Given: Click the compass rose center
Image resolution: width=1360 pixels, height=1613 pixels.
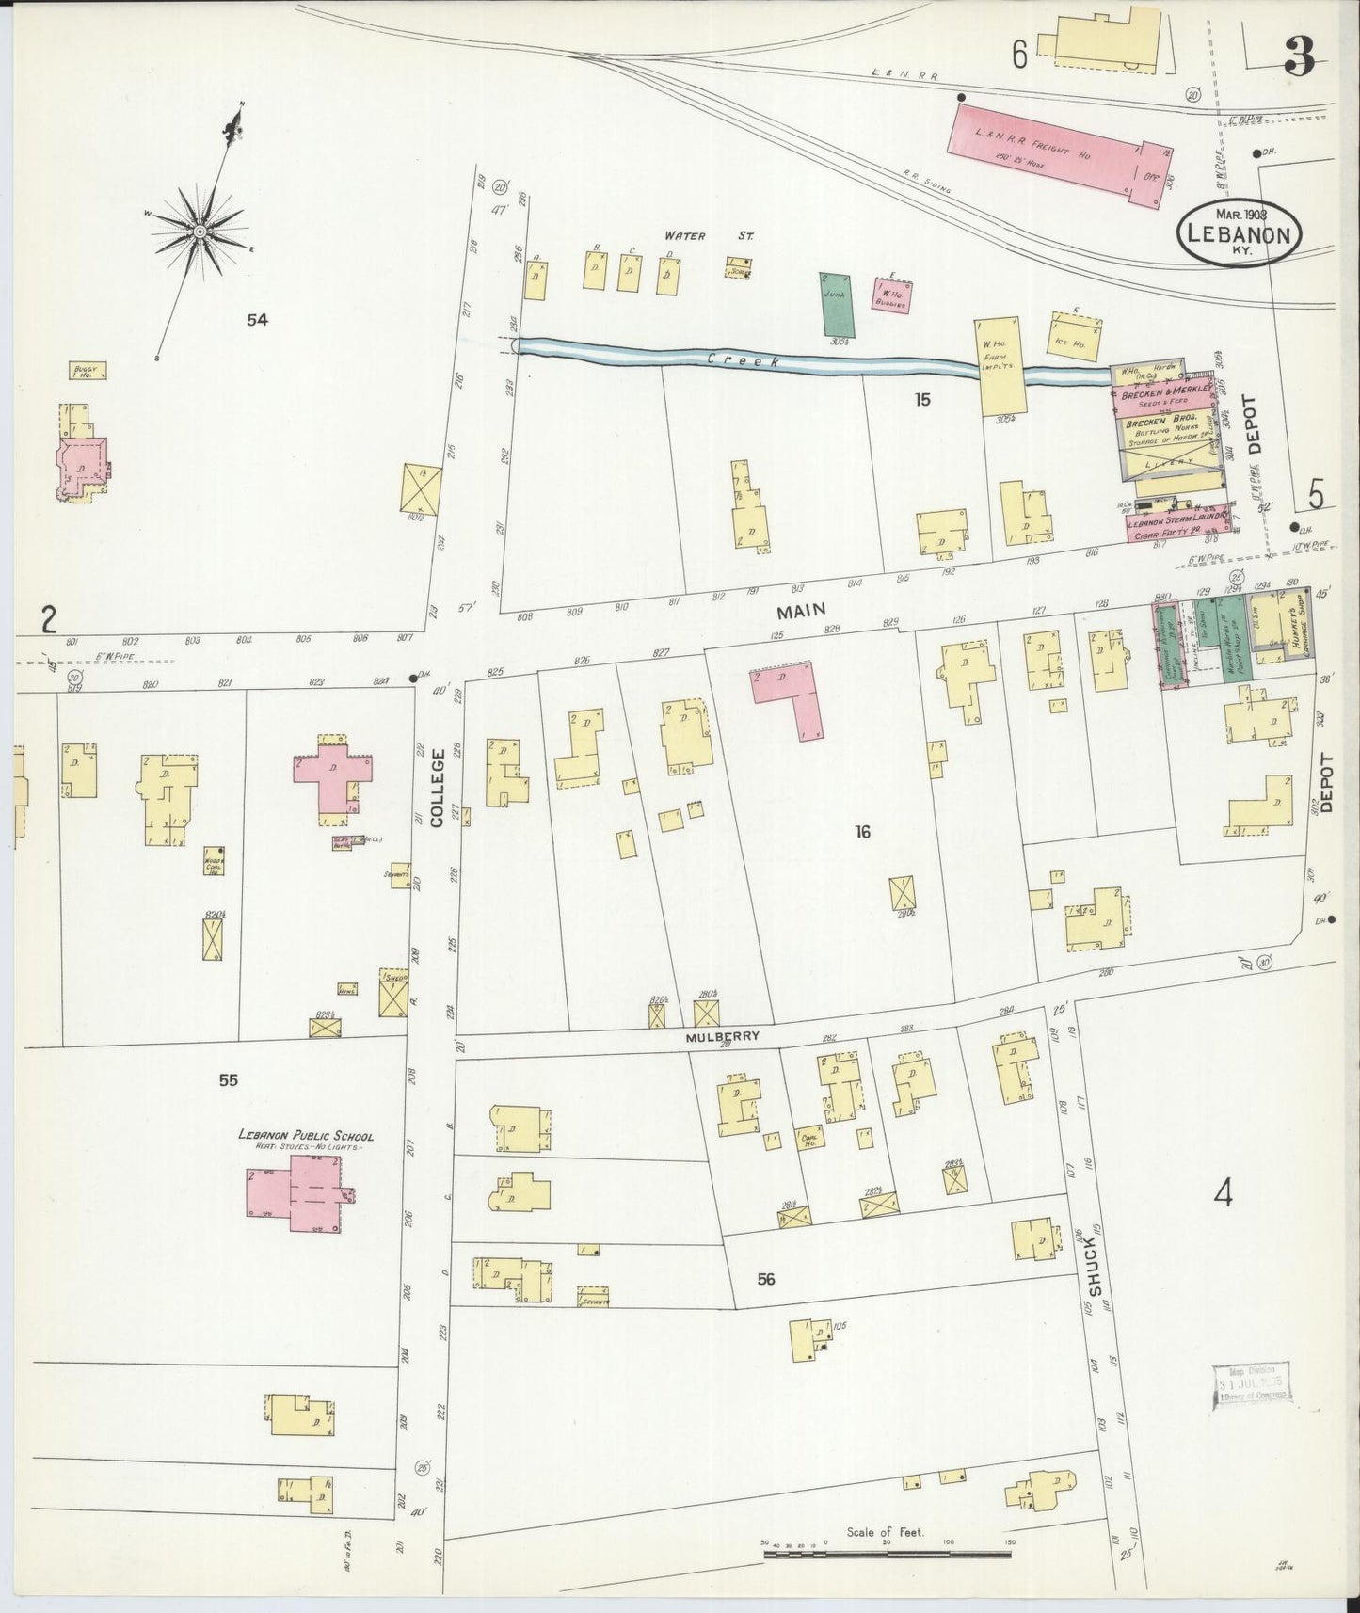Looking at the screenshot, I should tap(200, 230).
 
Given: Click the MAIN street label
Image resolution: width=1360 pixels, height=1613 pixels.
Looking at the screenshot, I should tap(793, 612).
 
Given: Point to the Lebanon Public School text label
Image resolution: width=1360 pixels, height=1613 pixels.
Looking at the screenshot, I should tap(306, 1137).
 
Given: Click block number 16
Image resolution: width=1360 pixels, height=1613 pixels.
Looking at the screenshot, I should tap(862, 831).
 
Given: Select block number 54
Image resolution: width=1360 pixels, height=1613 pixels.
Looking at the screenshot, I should tap(257, 320).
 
